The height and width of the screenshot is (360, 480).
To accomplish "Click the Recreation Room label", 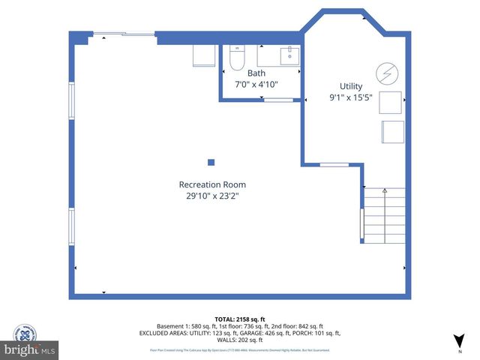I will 212,184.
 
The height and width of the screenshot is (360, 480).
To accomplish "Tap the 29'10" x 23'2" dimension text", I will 212,196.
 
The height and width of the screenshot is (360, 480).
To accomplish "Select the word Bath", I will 256,73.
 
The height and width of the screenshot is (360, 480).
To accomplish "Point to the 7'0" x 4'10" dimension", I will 256,85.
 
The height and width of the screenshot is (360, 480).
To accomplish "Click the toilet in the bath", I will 236,58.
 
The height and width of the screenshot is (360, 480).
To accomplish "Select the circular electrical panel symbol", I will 387,73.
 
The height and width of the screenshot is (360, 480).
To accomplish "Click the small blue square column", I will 211,162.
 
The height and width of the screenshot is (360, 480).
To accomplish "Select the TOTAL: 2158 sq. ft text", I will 240,319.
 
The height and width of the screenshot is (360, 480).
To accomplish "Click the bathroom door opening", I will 278,99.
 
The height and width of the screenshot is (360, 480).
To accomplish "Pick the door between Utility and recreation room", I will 334,164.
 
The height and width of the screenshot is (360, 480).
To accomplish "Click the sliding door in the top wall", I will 123,33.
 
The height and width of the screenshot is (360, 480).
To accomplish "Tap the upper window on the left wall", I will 72,100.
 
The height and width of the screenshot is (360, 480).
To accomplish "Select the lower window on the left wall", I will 72,226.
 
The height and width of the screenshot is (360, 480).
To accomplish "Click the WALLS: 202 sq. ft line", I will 240,340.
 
